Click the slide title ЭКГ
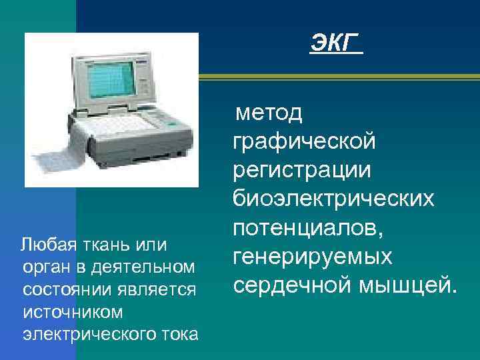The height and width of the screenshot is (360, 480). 335,45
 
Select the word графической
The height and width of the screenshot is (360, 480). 305,141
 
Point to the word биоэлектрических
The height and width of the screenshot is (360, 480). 333,198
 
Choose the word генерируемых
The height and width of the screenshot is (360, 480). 312,256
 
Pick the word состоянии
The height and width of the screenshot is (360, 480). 59,289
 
